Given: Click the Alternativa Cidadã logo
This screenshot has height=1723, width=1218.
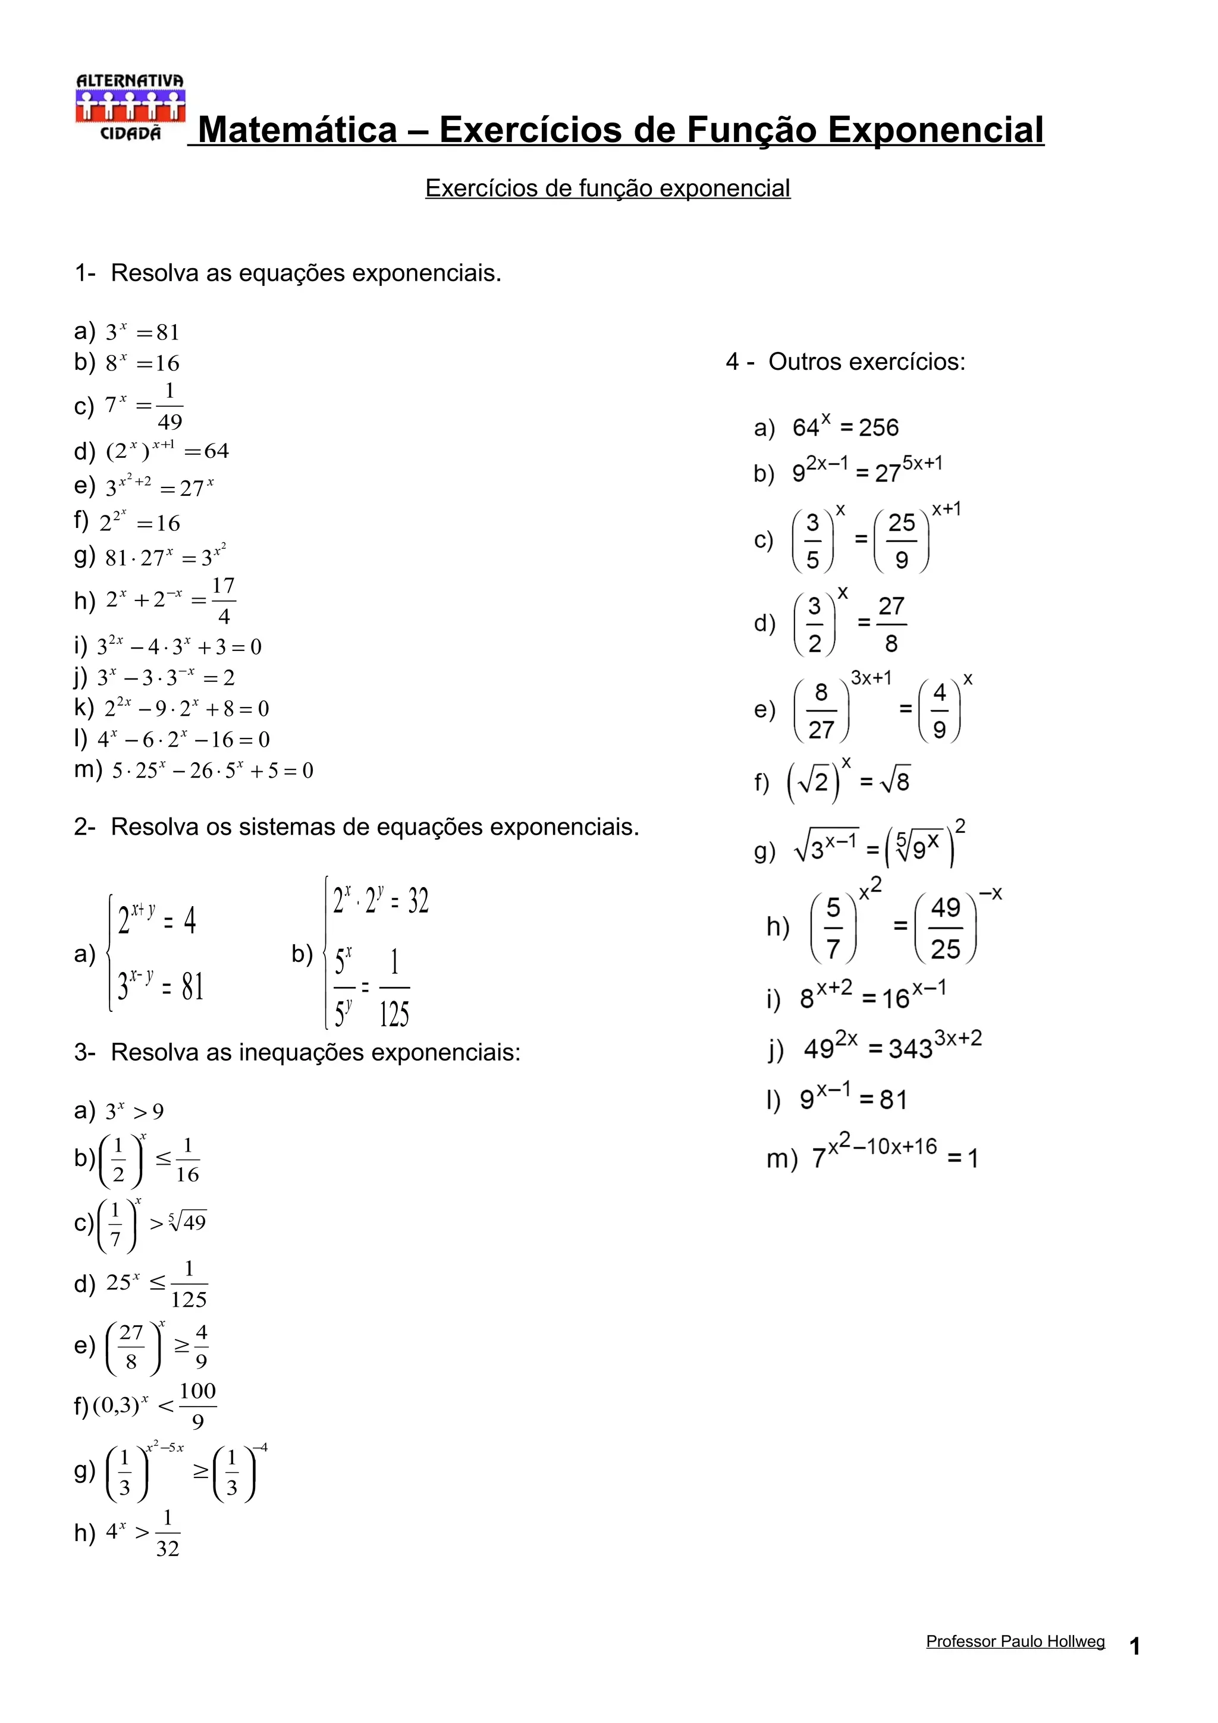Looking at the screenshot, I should click(130, 106).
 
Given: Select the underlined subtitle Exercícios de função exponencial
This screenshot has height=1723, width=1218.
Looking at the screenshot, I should click(607, 188).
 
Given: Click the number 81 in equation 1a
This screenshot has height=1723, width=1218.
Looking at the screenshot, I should click(168, 332).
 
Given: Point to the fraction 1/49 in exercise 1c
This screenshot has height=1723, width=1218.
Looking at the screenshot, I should click(169, 406).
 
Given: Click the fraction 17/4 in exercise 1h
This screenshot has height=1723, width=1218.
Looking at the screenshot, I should click(223, 600).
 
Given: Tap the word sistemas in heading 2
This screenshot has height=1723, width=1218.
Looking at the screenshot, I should click(286, 827).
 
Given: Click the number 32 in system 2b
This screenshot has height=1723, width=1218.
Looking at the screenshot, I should click(418, 901).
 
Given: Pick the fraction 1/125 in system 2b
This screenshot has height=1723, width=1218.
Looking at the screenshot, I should click(394, 988).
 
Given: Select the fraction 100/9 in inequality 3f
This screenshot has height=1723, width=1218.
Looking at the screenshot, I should click(197, 1406).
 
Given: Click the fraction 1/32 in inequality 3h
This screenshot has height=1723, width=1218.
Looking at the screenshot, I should click(167, 1533).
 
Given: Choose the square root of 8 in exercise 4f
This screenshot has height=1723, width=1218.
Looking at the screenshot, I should click(895, 782).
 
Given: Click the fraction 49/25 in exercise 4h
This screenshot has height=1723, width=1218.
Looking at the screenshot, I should click(946, 928).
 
